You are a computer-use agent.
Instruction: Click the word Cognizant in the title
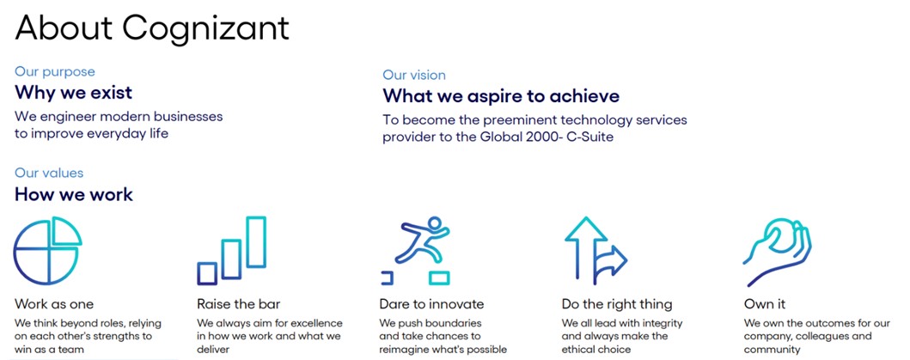click(206, 28)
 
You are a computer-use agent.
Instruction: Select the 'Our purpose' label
click(54, 72)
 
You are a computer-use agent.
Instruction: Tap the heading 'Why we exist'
click(74, 92)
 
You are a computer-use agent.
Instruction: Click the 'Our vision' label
click(414, 75)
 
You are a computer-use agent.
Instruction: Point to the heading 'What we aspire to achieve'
click(501, 96)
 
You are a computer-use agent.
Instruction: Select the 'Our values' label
click(49, 173)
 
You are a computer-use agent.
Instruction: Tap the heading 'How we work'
click(74, 194)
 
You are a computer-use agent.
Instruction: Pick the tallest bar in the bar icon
click(256, 242)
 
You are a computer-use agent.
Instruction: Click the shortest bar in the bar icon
click(207, 273)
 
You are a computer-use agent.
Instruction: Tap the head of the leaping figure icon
click(434, 223)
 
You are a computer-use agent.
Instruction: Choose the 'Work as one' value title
click(54, 304)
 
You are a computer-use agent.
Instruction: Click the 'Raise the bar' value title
click(239, 304)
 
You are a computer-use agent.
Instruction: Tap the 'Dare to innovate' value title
click(431, 304)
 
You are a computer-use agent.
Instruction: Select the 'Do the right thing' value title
click(617, 304)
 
